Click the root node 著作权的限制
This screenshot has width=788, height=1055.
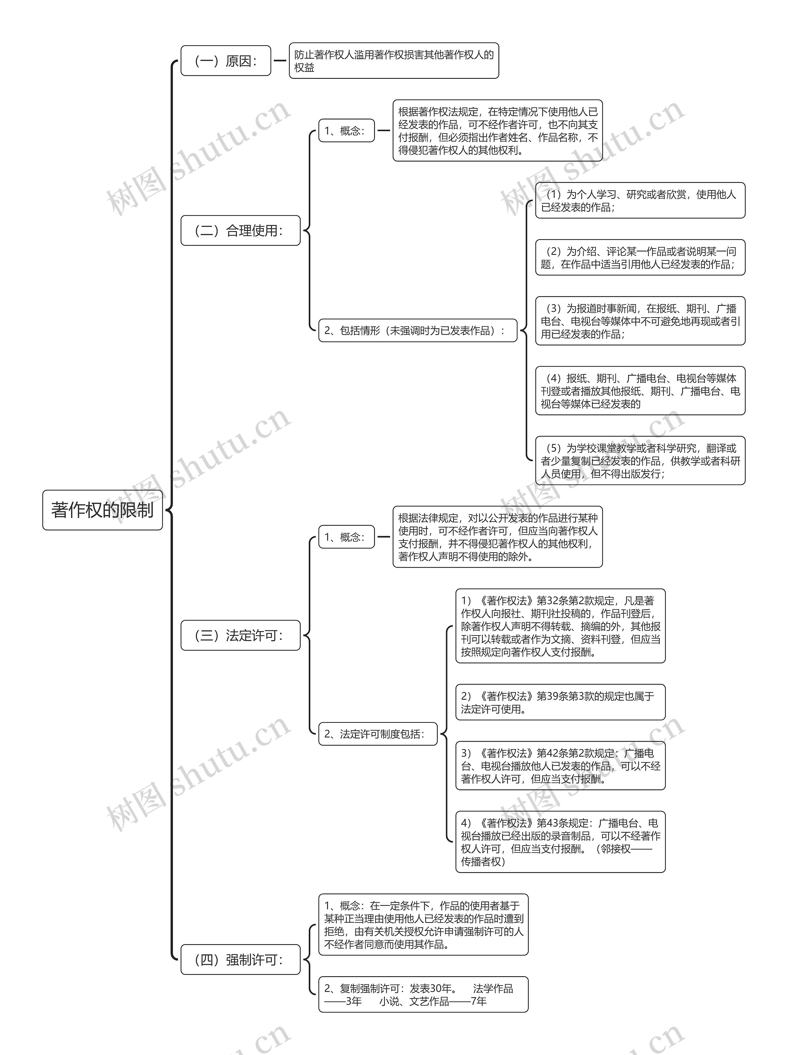click(102, 510)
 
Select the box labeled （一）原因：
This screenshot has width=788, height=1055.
click(226, 61)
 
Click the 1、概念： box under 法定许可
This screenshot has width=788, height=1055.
click(346, 537)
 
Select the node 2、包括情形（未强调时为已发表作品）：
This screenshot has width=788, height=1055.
click(417, 331)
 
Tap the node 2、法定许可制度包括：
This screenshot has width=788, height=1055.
click(377, 734)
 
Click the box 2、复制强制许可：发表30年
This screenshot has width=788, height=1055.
click(423, 994)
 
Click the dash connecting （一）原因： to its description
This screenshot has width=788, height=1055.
click(280, 61)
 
